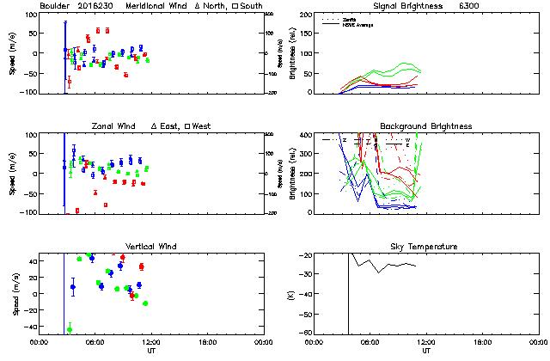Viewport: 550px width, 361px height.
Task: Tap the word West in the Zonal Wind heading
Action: tap(203, 126)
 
